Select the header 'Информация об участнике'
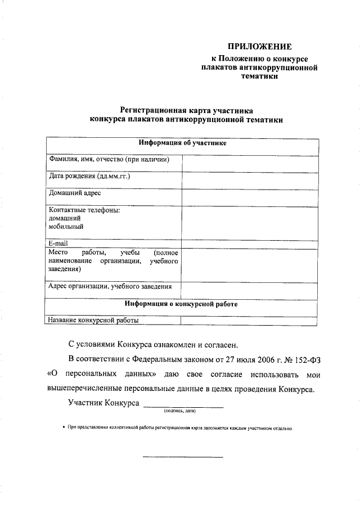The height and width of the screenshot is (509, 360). pos(183,143)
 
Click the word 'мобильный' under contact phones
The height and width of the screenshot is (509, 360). pos(66,227)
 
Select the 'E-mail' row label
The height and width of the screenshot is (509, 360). pos(58,243)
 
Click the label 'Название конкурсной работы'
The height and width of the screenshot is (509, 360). pos(93,320)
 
